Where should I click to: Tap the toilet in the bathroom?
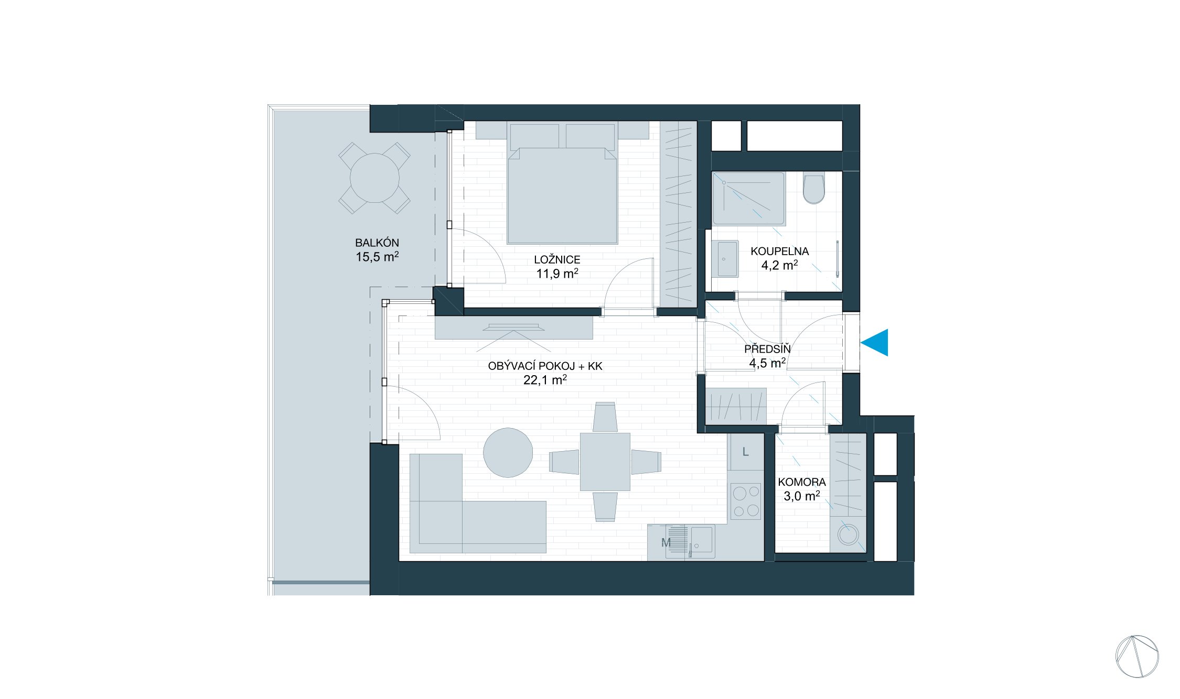tap(813, 190)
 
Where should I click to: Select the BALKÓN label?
tap(377, 243)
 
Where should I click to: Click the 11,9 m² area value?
tap(557, 273)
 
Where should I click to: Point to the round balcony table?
tap(374, 178)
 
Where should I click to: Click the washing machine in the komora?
tap(846, 536)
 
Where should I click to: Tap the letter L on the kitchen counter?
tap(745, 452)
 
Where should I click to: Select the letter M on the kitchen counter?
tap(666, 543)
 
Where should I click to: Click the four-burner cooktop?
tap(746, 501)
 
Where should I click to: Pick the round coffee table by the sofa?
tap(508, 453)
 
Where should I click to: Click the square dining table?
tap(605, 462)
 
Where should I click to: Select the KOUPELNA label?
tap(779, 252)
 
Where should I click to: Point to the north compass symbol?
tap(1137, 656)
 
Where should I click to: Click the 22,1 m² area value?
tap(545, 380)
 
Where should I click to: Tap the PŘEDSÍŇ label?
tap(767, 349)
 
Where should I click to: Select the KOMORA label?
tap(801, 482)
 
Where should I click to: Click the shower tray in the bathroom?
tap(748, 198)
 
